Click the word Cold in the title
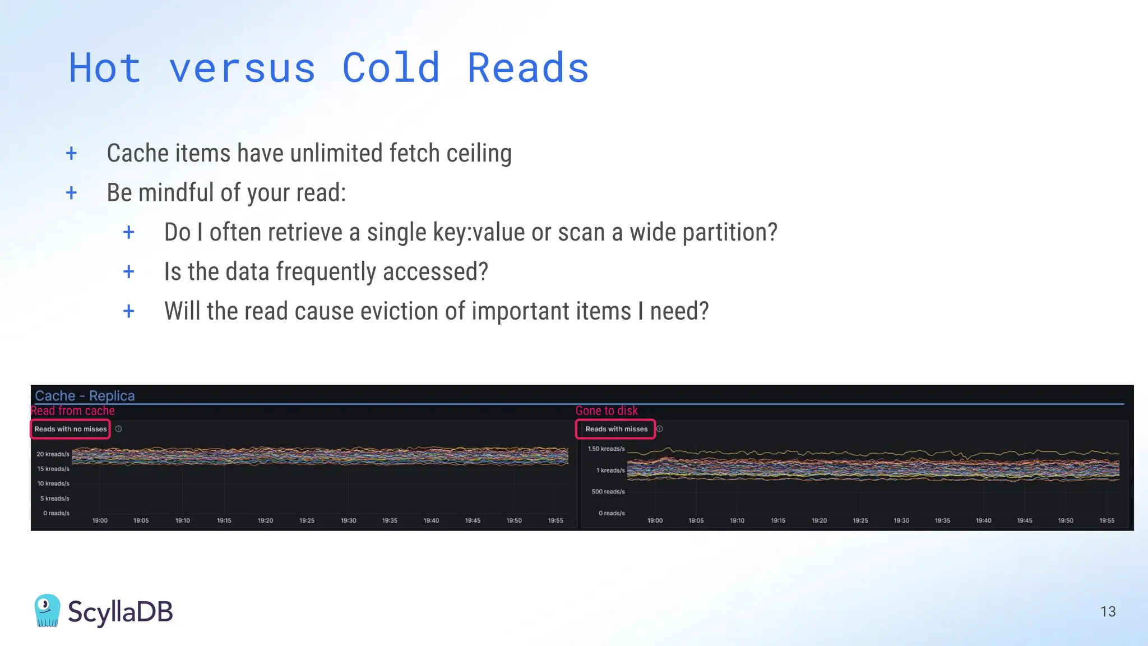pyautogui.click(x=391, y=68)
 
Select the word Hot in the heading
pyautogui.click(x=105, y=68)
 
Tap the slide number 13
pyautogui.click(x=1108, y=611)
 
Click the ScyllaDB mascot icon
pyautogui.click(x=47, y=610)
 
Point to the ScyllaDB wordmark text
pyautogui.click(x=120, y=611)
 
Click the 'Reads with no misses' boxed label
pyautogui.click(x=70, y=429)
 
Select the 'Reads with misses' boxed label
pyautogui.click(x=615, y=429)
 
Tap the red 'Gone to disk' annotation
pyautogui.click(x=607, y=410)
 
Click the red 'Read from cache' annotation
pyautogui.click(x=72, y=410)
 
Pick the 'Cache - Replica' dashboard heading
pyautogui.click(x=85, y=395)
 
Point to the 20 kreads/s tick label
pyautogui.click(x=53, y=454)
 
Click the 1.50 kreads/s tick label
pyautogui.click(x=606, y=449)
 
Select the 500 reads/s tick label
pyautogui.click(x=608, y=492)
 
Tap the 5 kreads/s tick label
pyautogui.click(x=54, y=499)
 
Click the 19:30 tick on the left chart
pyautogui.click(x=348, y=521)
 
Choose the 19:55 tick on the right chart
pyautogui.click(x=1107, y=521)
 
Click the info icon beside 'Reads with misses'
pyautogui.click(x=660, y=429)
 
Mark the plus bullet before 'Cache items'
pyautogui.click(x=71, y=153)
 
